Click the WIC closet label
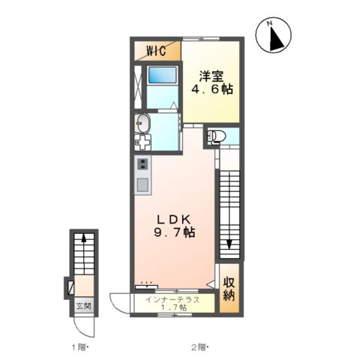point(156,51)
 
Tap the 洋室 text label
point(211,76)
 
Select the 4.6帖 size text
point(212,89)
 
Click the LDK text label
point(174,219)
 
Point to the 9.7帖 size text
point(174,232)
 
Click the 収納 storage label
point(229,289)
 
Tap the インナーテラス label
point(172,299)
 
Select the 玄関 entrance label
point(84,306)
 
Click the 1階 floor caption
point(79,347)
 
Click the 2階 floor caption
point(199,347)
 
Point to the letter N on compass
point(269,24)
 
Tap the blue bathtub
point(163,75)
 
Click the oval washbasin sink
point(142,124)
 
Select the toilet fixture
point(216,136)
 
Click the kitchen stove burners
point(143,163)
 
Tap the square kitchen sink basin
point(143,185)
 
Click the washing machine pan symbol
point(142,142)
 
